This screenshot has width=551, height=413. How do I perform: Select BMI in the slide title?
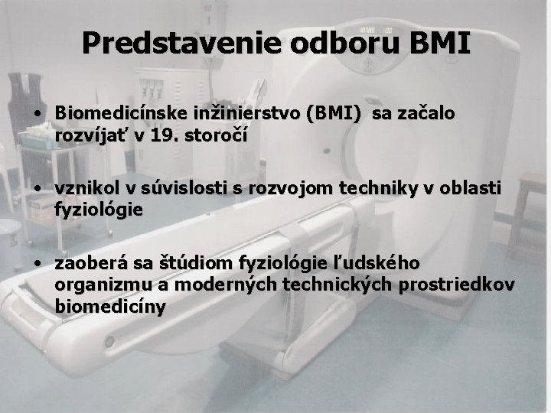pyautogui.click(x=440, y=44)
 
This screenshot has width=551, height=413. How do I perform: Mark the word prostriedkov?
pyautogui.click(x=455, y=285)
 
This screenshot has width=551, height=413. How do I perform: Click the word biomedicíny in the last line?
pyautogui.click(x=110, y=306)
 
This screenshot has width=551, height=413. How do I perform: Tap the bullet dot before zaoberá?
pyautogui.click(x=37, y=265)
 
